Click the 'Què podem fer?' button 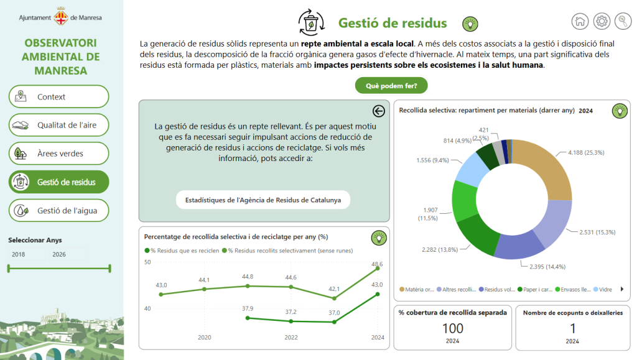click(391, 86)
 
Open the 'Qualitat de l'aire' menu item click(59, 125)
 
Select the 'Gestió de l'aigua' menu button click(59, 210)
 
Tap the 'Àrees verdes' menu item click(59, 154)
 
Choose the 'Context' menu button click(59, 96)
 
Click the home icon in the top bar click(580, 21)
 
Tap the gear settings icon click(602, 21)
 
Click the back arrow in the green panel click(379, 111)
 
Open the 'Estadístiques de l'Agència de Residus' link click(263, 200)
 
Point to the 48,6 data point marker click(378, 268)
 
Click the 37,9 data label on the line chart click(248, 308)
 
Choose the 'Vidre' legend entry click(602, 289)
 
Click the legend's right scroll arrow click(622, 289)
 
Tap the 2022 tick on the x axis click(291, 337)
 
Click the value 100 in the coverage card click(453, 328)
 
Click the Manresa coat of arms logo click(61, 16)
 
